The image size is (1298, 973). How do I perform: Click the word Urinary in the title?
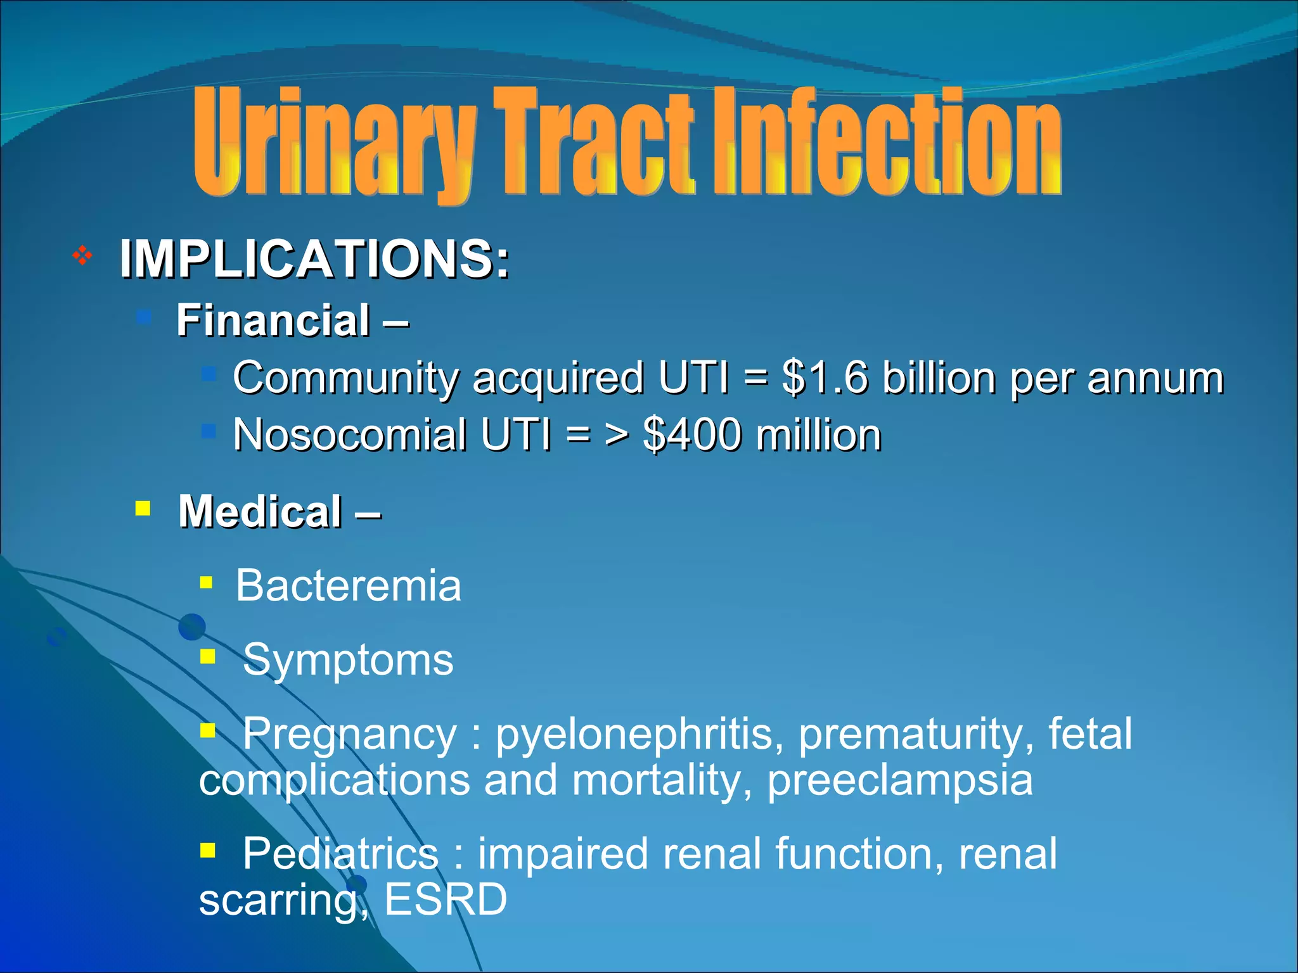pyautogui.click(x=333, y=143)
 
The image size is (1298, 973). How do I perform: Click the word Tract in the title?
pyautogui.click(x=593, y=143)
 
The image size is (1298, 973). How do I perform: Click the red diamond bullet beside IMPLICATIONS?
pyautogui.click(x=82, y=256)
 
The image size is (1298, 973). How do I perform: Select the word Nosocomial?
pyautogui.click(x=349, y=435)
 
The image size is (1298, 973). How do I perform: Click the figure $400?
pyautogui.click(x=691, y=435)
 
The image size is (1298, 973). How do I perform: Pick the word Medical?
pyautogui.click(x=260, y=511)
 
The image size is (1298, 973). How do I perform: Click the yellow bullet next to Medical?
pyautogui.click(x=143, y=508)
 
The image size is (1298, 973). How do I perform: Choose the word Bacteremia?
pyautogui.click(x=348, y=585)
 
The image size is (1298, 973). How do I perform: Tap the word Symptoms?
pyautogui.click(x=348, y=660)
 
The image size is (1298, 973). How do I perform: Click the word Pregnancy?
pyautogui.click(x=349, y=734)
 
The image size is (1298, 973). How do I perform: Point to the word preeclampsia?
pyautogui.click(x=900, y=780)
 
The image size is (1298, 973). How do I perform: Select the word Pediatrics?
pyautogui.click(x=340, y=853)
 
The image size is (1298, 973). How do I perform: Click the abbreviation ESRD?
pyautogui.click(x=446, y=899)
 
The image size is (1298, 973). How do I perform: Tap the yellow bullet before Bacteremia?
pyautogui.click(x=206, y=582)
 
